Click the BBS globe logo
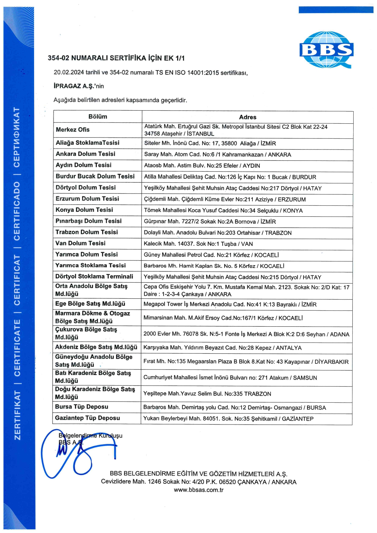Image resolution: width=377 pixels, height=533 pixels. tap(326, 50)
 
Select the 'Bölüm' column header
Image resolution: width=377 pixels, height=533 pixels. tap(98, 117)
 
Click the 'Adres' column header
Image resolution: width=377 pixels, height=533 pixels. tap(247, 117)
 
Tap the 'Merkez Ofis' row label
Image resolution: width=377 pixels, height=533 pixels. tap(73, 130)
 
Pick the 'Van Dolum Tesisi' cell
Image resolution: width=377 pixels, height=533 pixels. tap(80, 243)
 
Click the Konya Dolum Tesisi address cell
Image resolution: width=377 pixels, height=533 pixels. tap(223, 211)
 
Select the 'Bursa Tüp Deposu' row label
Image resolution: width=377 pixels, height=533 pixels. tap(81, 407)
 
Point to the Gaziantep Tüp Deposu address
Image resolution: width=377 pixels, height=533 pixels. tap(228, 419)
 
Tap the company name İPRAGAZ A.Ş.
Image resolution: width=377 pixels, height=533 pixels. tap(73, 86)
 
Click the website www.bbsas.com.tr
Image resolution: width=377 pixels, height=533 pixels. tap(199, 490)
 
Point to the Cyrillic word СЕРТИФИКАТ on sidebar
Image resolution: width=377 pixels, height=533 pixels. tap(17, 137)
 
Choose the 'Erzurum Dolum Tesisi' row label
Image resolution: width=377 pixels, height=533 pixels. tap(87, 199)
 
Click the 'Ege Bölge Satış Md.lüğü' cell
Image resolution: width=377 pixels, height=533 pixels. tap(90, 304)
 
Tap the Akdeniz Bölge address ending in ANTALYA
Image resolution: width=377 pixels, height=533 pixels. tap(222, 348)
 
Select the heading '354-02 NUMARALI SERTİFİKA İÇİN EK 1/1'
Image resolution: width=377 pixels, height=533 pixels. tap(116, 58)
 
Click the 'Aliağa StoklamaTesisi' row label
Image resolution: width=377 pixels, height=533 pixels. tap(88, 143)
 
